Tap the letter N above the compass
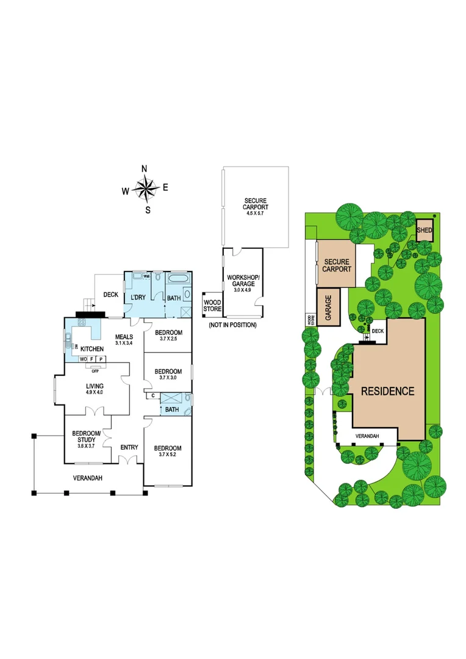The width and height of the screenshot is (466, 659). point(145,170)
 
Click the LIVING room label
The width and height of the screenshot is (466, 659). point(95,386)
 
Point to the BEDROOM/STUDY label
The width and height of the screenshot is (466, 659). point(85,436)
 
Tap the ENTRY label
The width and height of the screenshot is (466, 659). point(129,447)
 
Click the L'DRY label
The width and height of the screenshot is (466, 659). point(138,297)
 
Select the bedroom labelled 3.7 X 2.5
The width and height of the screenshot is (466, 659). point(168,336)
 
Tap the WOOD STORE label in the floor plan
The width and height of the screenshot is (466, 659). point(212,305)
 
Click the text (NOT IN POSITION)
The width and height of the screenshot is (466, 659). point(232,325)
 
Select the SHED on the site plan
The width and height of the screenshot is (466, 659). point(425,231)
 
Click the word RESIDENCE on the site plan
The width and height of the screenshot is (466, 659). point(387,391)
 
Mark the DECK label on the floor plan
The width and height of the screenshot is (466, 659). point(110,295)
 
